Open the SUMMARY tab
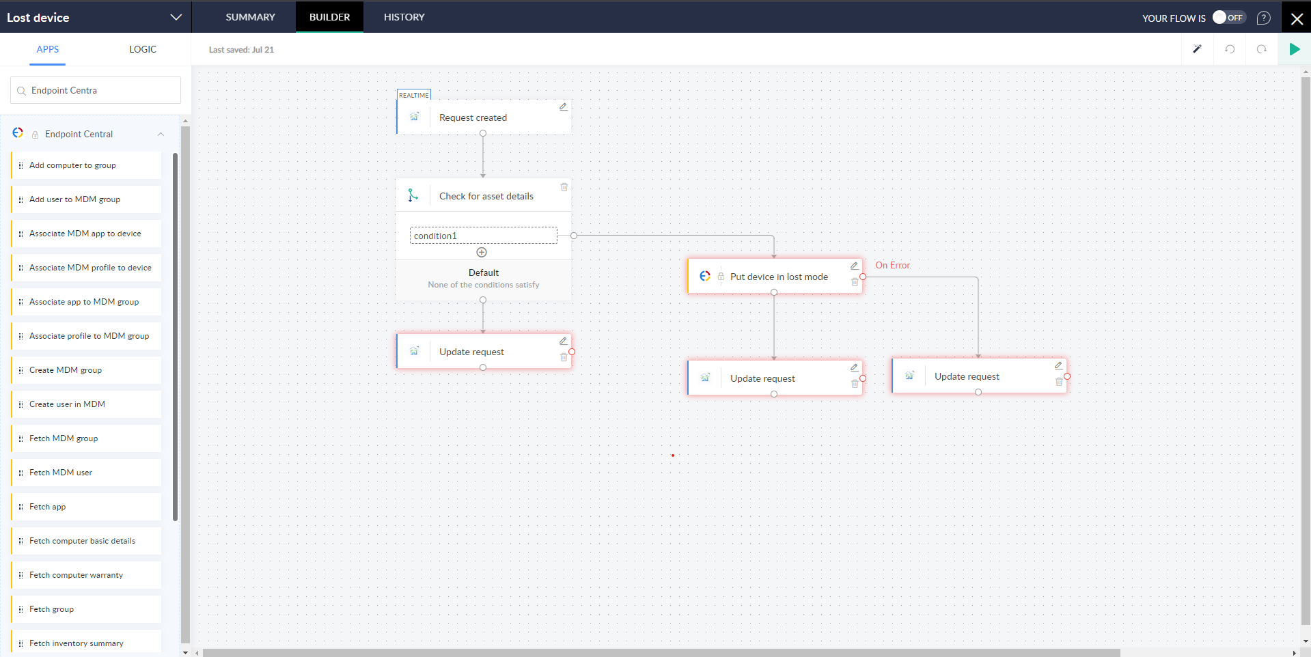point(250,17)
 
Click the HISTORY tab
point(404,17)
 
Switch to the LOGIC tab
point(143,49)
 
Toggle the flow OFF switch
point(1228,18)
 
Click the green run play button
point(1294,49)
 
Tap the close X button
point(1296,18)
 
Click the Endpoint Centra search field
point(96,90)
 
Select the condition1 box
point(483,236)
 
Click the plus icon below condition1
point(482,253)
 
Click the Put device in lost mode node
point(778,277)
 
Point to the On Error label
point(892,266)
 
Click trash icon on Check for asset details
point(564,187)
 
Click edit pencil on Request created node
point(563,107)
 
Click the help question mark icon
point(1263,18)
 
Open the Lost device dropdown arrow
point(176,17)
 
